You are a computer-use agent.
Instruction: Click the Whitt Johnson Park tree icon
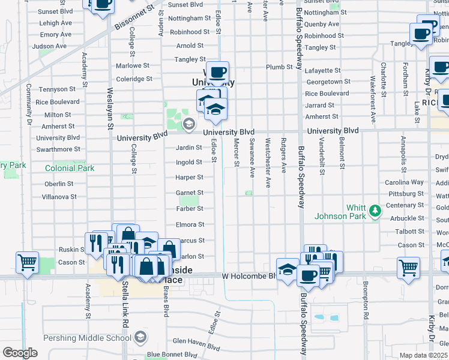pyautogui.click(x=375, y=210)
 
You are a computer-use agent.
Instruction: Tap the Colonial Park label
pyautogui.click(x=70, y=169)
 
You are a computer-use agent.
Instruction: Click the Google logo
pyautogui.click(x=20, y=353)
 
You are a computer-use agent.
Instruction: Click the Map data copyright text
pyautogui.click(x=423, y=355)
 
